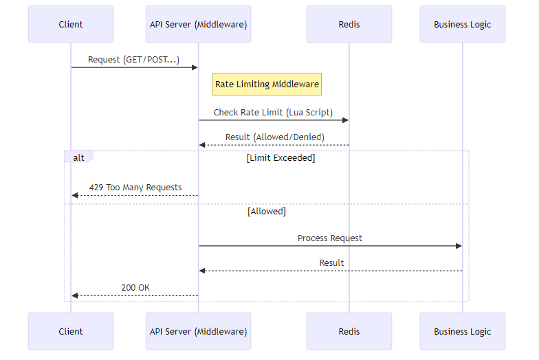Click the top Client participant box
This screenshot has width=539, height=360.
(x=71, y=24)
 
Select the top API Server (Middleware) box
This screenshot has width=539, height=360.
(x=198, y=24)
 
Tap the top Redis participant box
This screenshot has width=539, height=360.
(x=349, y=24)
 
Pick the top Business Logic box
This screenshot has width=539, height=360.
(x=462, y=24)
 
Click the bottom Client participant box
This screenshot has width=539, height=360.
(x=71, y=331)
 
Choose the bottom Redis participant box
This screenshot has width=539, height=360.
(x=349, y=331)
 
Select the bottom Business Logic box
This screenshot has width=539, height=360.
(x=462, y=331)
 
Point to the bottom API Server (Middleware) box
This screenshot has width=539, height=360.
(x=198, y=331)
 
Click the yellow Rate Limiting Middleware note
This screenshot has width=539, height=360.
(x=267, y=85)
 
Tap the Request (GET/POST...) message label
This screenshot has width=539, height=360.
(x=134, y=60)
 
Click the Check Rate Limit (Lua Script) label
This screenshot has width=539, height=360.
(x=273, y=112)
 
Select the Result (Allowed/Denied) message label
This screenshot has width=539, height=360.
(x=274, y=137)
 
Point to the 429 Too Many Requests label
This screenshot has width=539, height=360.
(x=135, y=187)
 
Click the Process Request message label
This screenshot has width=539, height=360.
(x=330, y=238)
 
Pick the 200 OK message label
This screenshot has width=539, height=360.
(x=135, y=287)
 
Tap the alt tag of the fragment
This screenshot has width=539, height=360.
(x=78, y=157)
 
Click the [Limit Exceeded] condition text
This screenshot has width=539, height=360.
(x=280, y=158)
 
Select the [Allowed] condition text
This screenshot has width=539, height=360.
(x=267, y=212)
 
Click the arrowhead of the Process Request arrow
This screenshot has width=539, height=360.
(x=459, y=246)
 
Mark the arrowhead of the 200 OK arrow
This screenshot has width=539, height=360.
(x=75, y=295)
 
